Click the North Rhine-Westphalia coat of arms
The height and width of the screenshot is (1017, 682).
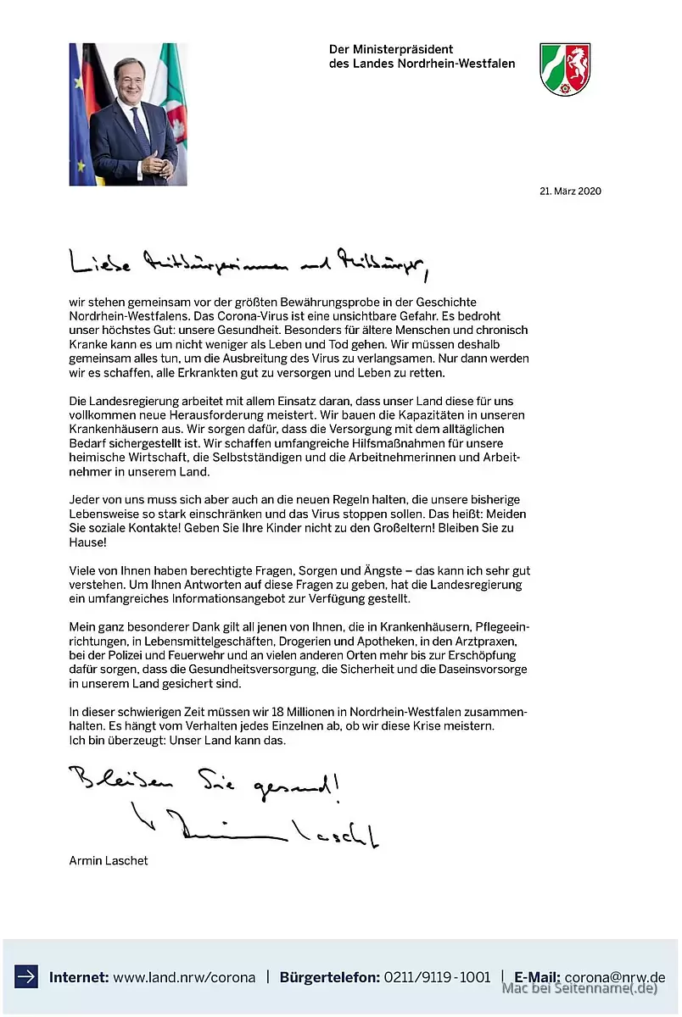[565, 69]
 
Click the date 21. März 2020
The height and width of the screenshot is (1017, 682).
[570, 192]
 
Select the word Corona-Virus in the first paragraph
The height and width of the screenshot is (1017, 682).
[259, 316]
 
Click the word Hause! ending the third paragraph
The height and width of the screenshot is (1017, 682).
[87, 541]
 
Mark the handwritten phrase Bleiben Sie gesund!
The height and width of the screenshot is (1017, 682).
[204, 784]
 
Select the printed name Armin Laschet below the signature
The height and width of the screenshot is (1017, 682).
[109, 861]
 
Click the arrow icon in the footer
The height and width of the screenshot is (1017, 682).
[26, 976]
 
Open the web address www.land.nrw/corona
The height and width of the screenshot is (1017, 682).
[184, 977]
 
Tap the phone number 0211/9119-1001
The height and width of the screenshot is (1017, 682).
[437, 977]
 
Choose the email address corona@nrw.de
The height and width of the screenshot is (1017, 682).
[615, 977]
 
